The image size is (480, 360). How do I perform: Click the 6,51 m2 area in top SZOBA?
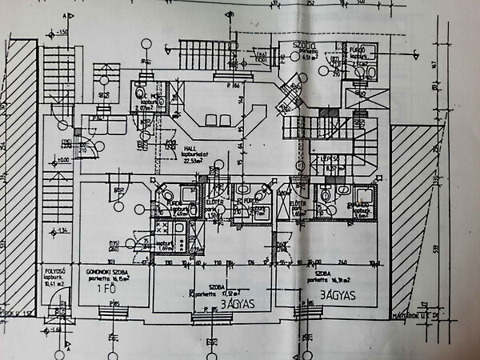click(x=310, y=58)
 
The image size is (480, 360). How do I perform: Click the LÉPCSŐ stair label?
click(x=333, y=158)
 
